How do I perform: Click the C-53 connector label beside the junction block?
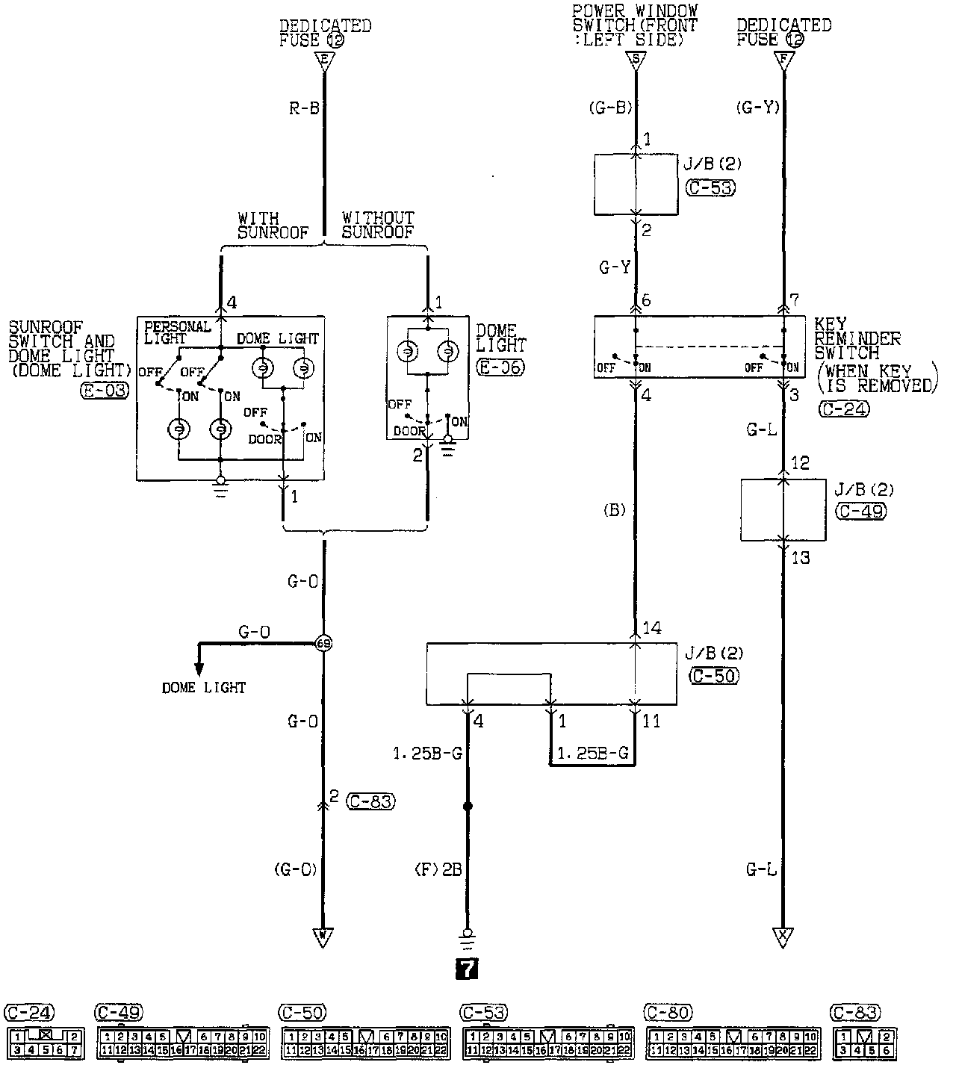(x=710, y=187)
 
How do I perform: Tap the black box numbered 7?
(x=467, y=969)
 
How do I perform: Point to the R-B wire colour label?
(x=304, y=108)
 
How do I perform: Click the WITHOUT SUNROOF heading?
(x=378, y=225)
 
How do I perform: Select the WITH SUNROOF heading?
(x=273, y=225)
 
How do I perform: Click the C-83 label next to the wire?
(x=371, y=801)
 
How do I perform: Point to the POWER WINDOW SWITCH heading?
(x=635, y=25)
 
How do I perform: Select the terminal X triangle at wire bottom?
(x=783, y=937)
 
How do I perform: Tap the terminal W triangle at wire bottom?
(x=323, y=937)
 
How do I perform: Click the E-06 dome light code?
(x=500, y=367)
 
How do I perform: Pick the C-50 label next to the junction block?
(x=712, y=676)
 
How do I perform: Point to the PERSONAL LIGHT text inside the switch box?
(x=177, y=332)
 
